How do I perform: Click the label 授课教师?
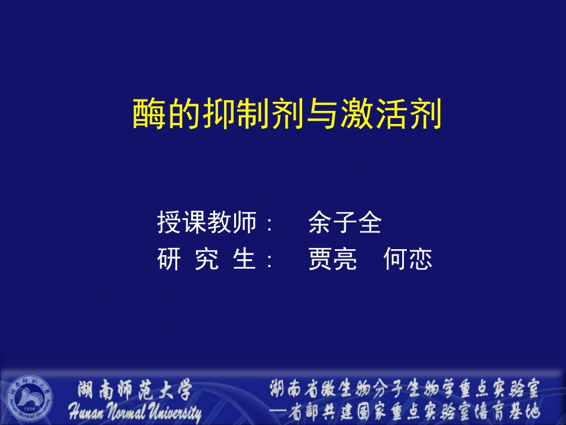[207, 222]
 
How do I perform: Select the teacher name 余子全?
[345, 222]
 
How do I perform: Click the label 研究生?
[207, 260]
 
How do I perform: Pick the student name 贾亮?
[332, 260]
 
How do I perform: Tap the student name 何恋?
[408, 260]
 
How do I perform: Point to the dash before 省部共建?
[278, 411]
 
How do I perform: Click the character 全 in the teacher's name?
[369, 222]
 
